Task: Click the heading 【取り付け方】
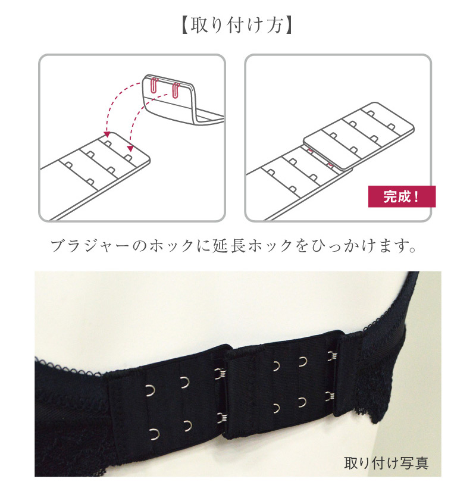(x=237, y=26)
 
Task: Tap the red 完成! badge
(x=402, y=196)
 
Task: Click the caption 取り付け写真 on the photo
(x=386, y=463)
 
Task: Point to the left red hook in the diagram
(x=154, y=86)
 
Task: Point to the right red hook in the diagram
(x=176, y=90)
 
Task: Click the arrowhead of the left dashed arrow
(x=107, y=134)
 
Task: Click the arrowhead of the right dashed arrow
(x=130, y=148)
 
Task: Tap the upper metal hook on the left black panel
(x=220, y=374)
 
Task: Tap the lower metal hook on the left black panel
(x=222, y=418)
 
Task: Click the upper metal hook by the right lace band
(x=331, y=356)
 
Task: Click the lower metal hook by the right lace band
(x=331, y=396)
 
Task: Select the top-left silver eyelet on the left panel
(x=151, y=390)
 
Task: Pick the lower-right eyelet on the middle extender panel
(x=302, y=402)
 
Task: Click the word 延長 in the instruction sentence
(x=228, y=246)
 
